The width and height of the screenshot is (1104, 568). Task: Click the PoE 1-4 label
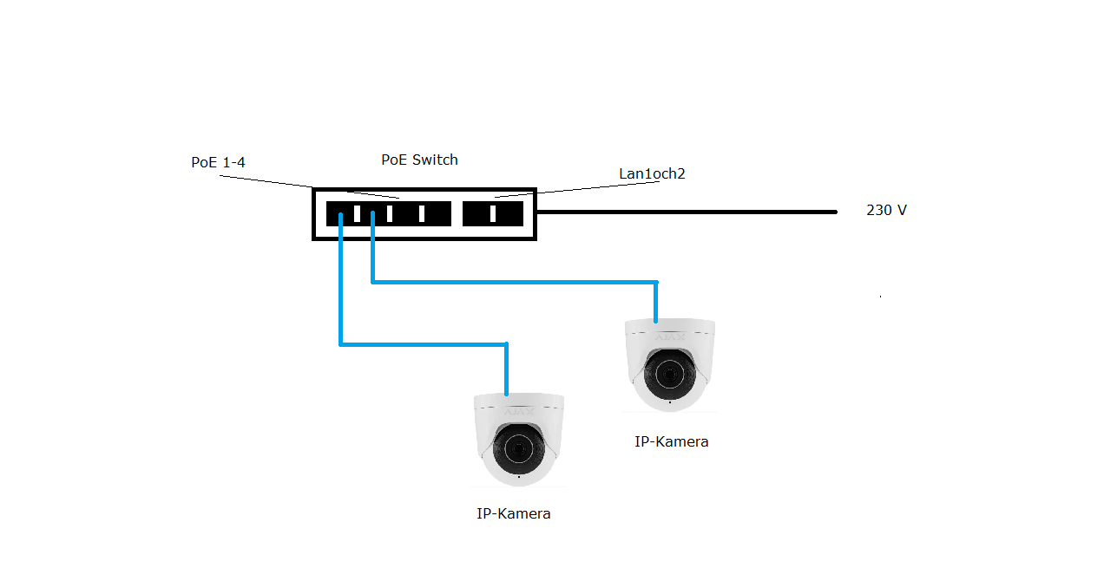pos(218,162)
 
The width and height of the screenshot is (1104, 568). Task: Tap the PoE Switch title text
pos(419,160)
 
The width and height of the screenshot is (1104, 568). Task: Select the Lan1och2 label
pos(652,173)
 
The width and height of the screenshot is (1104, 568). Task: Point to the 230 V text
pos(886,210)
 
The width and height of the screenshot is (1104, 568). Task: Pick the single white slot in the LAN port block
pos(493,213)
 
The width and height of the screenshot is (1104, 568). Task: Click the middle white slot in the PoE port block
pos(390,213)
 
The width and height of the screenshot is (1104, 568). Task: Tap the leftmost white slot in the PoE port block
pos(357,213)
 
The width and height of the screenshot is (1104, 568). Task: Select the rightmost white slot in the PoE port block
pos(422,213)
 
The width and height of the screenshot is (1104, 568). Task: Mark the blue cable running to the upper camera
pos(512,282)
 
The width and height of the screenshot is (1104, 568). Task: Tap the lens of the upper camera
pos(669,374)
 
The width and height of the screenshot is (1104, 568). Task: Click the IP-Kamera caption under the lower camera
pos(514,513)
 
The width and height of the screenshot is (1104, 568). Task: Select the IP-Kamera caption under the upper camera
pos(671,441)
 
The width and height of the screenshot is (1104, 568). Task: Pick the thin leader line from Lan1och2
pos(564,188)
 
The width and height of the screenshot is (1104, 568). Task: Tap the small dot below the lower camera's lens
pos(519,476)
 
